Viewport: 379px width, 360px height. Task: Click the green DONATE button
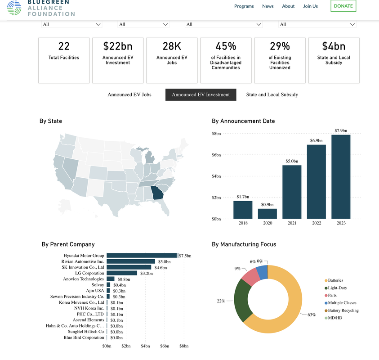pos(343,6)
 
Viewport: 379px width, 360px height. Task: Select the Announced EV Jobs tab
pos(129,94)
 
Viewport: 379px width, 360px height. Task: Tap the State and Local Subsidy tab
pos(272,94)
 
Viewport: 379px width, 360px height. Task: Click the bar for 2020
pos(268,214)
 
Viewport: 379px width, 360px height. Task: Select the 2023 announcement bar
pos(341,177)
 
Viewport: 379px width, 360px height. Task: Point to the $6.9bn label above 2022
pos(316,140)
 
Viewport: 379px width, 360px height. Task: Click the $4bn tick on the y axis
pos(216,176)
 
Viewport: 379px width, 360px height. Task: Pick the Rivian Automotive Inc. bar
pos(131,261)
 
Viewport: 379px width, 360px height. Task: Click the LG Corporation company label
pos(89,273)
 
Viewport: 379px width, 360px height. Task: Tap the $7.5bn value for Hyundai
pos(185,256)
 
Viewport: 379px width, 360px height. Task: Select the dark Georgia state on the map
pos(157,193)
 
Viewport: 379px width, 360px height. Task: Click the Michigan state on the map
pos(150,157)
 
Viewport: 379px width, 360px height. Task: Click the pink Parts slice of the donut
pos(250,277)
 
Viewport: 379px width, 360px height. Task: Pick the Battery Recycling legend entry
pos(342,310)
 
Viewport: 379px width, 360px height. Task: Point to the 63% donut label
pos(312,315)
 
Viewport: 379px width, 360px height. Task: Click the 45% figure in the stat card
pos(226,46)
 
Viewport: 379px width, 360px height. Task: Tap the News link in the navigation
pos(268,6)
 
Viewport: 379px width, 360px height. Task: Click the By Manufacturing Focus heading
pos(244,244)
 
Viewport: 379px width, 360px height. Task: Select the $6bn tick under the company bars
pos(165,346)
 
